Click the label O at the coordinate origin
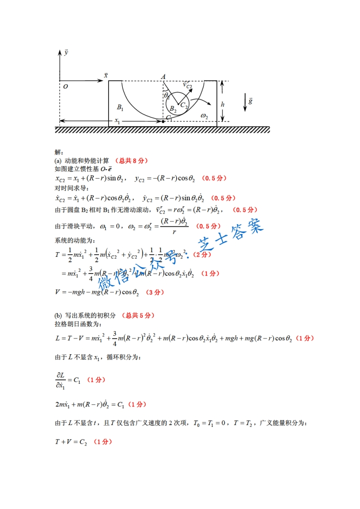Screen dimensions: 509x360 click(65, 87)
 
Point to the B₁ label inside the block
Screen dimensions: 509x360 click(120, 108)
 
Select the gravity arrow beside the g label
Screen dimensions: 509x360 click(245, 102)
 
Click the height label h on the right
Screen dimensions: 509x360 click(222, 104)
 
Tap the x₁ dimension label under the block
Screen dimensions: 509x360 click(117, 121)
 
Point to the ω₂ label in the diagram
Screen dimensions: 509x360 click(204, 117)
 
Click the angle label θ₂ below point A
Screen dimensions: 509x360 click(167, 95)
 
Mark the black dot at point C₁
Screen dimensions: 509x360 click(163, 122)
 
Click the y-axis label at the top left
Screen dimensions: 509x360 click(66, 53)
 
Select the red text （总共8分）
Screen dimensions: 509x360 click(132, 161)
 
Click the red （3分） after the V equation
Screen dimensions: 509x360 click(155, 292)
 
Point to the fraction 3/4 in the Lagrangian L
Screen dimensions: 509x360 click(115, 338)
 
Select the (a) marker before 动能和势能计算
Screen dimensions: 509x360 click(58, 161)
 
